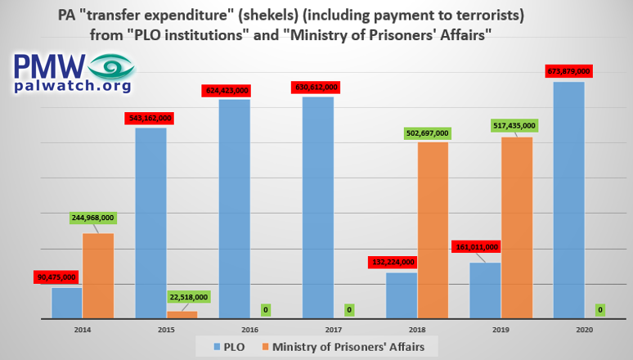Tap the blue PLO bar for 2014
tap(67, 302)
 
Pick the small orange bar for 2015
tap(182, 314)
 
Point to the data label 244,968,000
tap(93, 218)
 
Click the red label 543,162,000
tap(150, 118)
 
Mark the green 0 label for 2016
tap(266, 310)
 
